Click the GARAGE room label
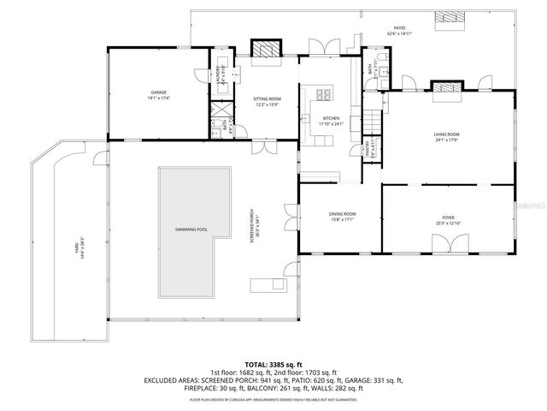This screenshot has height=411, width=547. pos(159,92)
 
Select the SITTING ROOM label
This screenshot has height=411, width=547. pos(267,100)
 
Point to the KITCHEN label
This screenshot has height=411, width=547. pos(331,120)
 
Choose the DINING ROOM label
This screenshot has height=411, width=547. pos(342,215)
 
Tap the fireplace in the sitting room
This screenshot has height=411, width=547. pos(268,50)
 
